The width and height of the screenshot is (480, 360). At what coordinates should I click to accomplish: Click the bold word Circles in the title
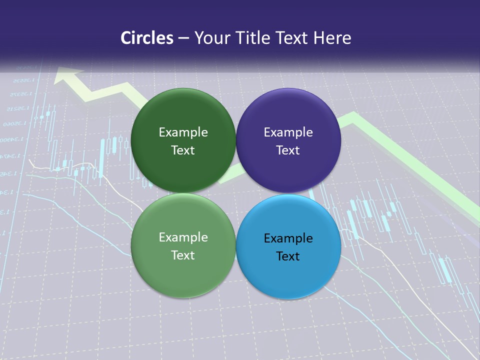(146, 38)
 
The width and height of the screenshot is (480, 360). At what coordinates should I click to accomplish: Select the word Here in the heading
(332, 38)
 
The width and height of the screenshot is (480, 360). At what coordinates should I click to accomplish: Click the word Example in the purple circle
(288, 132)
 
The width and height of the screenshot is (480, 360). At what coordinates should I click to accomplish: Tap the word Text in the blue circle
(288, 256)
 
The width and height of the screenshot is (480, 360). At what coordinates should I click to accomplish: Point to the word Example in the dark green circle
(183, 132)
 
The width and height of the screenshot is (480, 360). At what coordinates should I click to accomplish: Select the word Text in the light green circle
(183, 255)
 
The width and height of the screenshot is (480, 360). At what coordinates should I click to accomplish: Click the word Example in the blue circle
(288, 238)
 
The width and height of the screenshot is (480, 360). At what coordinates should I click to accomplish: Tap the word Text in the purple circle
(288, 150)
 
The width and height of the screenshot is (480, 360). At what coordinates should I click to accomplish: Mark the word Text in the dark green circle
(183, 150)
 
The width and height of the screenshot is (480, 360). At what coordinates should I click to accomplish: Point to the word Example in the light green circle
(183, 237)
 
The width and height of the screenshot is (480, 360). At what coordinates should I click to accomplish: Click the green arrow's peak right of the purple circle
(352, 118)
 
